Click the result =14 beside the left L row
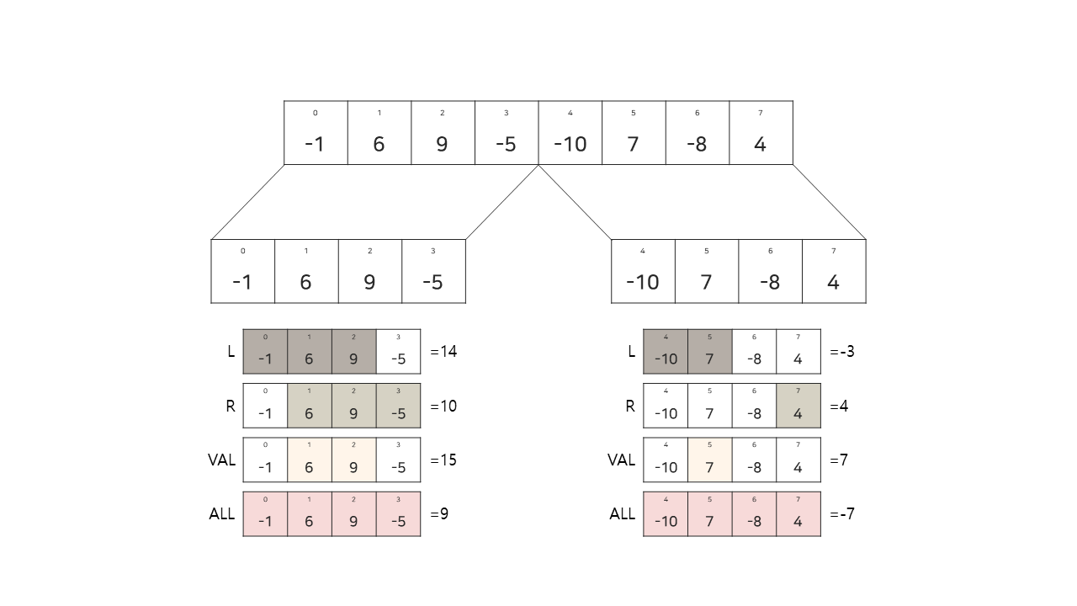click(x=443, y=352)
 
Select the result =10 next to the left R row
click(x=443, y=407)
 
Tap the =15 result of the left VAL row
click(x=443, y=460)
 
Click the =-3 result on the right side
click(x=842, y=352)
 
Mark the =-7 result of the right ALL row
click(x=842, y=514)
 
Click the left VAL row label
click(x=221, y=460)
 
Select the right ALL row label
click(x=622, y=514)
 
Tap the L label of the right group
click(x=631, y=352)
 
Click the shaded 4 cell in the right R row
click(x=798, y=407)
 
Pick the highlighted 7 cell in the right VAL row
click(x=709, y=460)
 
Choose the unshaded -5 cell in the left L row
click(x=398, y=352)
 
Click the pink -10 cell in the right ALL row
click(x=666, y=514)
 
